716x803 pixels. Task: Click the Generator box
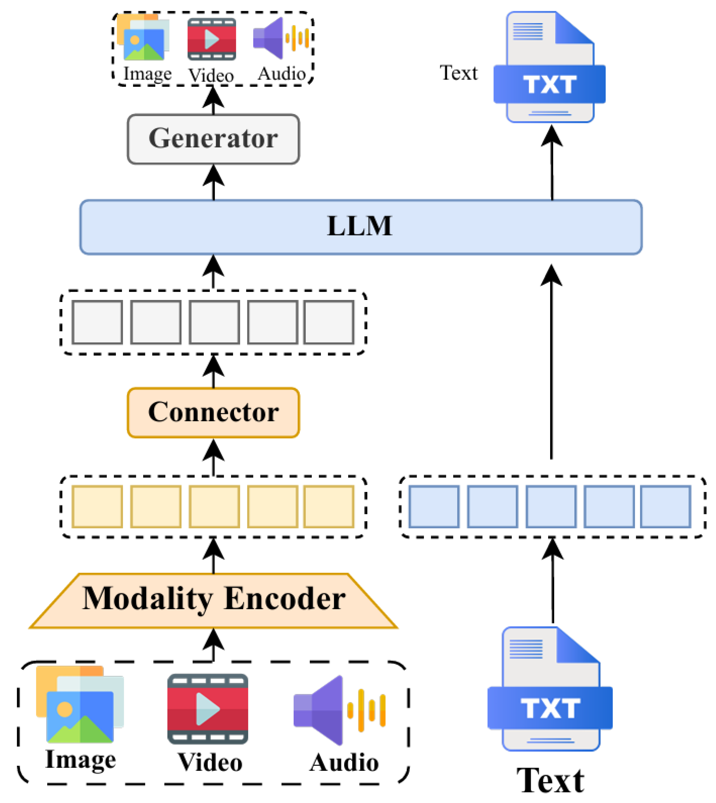click(213, 139)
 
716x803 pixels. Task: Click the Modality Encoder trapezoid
click(213, 600)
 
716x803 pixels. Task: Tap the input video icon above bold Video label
click(208, 708)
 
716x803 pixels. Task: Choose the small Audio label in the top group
click(282, 74)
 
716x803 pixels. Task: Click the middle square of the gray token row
click(214, 322)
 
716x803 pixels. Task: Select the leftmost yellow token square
click(97, 507)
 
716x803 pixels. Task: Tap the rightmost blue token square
click(665, 507)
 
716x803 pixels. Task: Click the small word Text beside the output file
click(459, 73)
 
